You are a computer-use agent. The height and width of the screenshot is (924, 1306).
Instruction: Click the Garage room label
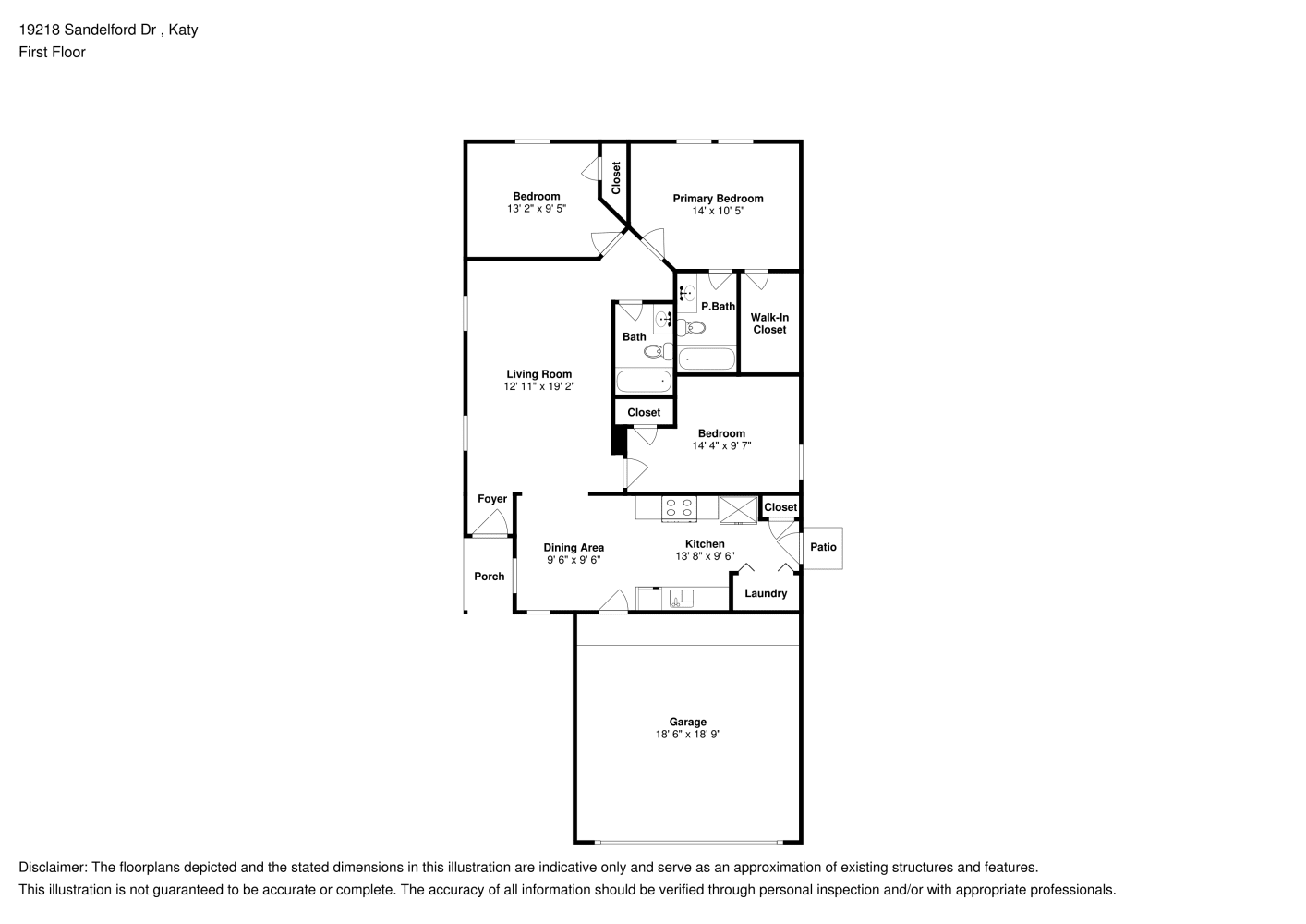click(687, 722)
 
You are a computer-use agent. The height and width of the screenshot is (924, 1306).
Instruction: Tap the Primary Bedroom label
click(718, 199)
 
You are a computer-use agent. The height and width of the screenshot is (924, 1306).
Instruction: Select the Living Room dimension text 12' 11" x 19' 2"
click(539, 386)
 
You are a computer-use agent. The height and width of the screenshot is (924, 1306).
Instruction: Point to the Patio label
click(823, 547)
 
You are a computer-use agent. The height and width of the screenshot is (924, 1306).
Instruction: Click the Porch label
click(490, 577)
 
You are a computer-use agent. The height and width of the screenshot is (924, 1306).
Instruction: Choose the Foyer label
click(492, 499)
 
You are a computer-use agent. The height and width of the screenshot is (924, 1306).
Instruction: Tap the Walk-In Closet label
click(769, 323)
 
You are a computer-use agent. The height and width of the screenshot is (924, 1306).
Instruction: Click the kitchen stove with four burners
click(679, 508)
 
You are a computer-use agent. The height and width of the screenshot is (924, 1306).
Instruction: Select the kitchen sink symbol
click(681, 598)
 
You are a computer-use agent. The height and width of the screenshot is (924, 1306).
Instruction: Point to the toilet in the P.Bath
click(691, 328)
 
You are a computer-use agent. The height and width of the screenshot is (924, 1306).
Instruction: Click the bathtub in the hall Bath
click(644, 382)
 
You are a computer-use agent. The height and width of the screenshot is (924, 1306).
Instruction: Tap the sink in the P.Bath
click(687, 292)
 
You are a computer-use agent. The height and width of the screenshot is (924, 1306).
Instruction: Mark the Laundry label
click(766, 593)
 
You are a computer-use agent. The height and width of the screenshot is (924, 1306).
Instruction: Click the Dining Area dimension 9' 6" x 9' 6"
click(574, 560)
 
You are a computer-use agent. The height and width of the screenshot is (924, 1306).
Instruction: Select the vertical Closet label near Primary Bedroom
click(616, 178)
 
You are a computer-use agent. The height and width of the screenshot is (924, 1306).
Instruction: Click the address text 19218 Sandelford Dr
click(88, 30)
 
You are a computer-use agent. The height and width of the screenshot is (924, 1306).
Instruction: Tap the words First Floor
click(52, 52)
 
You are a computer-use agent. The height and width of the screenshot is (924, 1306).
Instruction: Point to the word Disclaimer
click(53, 868)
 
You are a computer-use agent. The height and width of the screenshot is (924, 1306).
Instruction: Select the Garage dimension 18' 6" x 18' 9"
click(688, 735)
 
